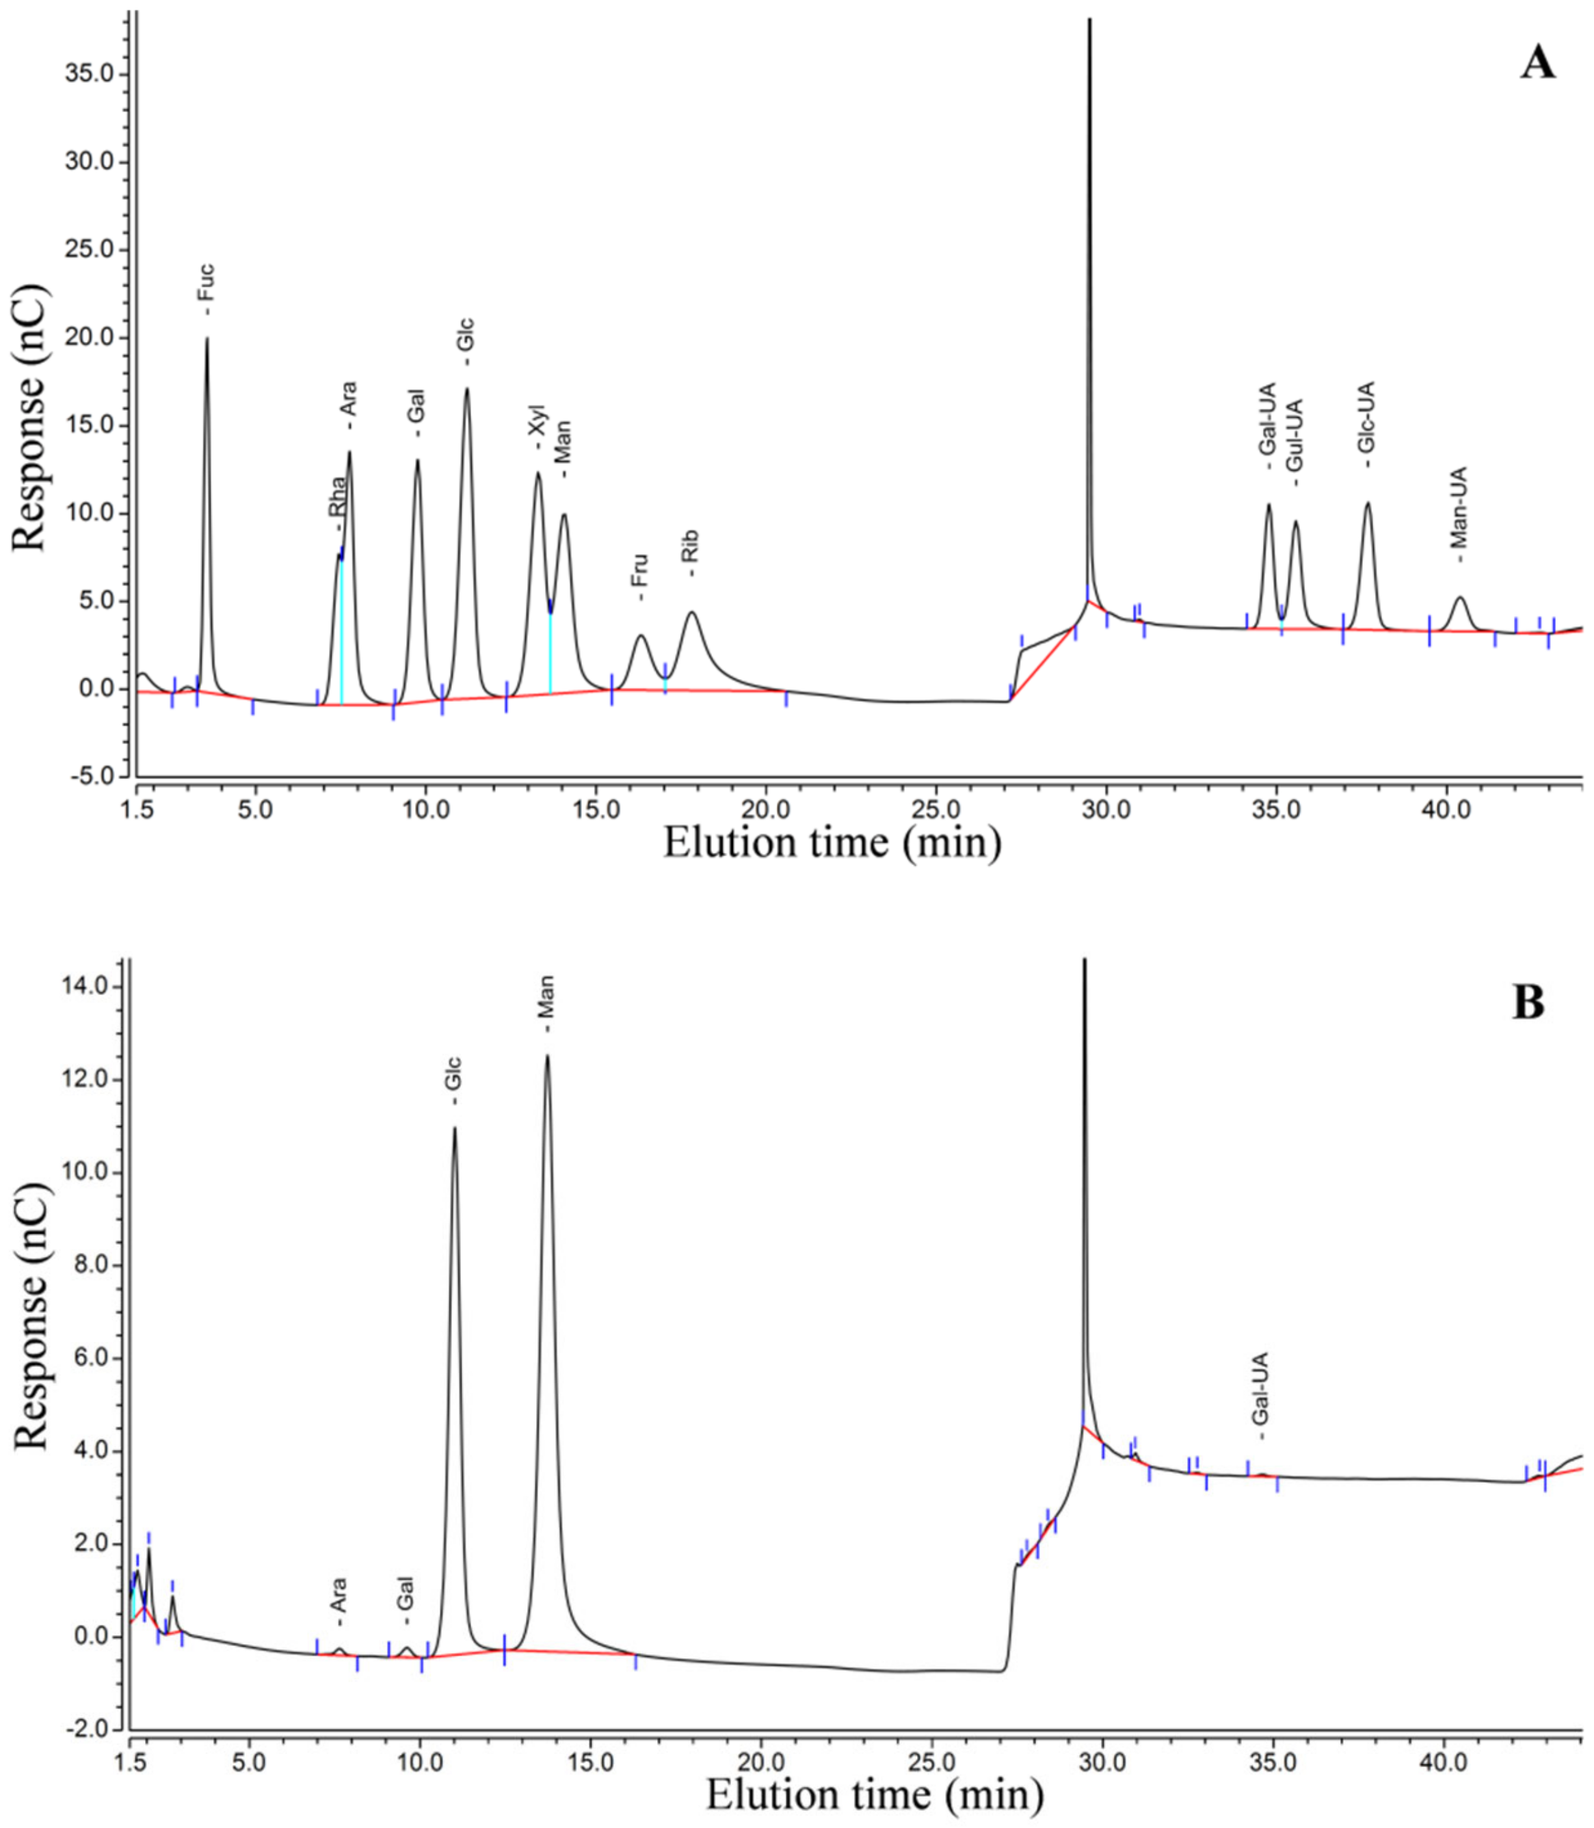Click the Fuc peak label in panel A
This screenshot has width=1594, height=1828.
point(207,287)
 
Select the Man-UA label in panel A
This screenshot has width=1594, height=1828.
point(1459,514)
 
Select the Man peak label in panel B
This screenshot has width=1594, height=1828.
point(546,1003)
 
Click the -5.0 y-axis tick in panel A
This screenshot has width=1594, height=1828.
point(91,777)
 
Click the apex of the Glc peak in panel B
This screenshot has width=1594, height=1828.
point(455,1128)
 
